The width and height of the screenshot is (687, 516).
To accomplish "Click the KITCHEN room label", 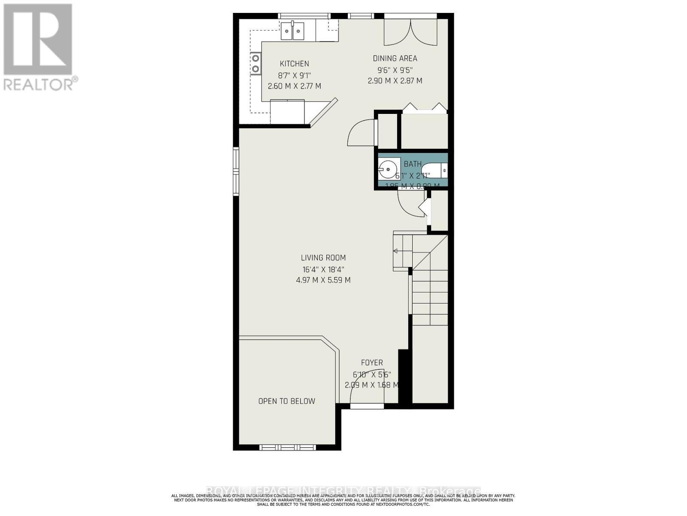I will (x=294, y=64).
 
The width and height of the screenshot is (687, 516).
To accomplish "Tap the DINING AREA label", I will (x=395, y=58).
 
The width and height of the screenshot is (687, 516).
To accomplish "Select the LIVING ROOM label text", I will (x=323, y=258).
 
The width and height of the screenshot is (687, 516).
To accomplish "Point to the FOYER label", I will (x=371, y=362).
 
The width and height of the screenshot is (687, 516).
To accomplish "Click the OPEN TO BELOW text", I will (x=286, y=401).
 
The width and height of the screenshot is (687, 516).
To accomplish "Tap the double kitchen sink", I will (x=292, y=31).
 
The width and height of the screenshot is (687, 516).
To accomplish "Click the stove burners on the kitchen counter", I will (x=255, y=63).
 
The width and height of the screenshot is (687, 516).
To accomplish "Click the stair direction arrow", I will (x=396, y=251).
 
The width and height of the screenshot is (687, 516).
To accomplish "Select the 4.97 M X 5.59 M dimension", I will (x=323, y=280).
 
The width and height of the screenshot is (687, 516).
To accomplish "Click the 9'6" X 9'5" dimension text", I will (x=395, y=70).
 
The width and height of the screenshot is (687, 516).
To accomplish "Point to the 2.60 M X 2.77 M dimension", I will (x=294, y=86).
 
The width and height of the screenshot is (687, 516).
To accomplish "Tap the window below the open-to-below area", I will (x=288, y=448).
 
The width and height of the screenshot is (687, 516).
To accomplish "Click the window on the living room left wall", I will (x=236, y=172).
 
